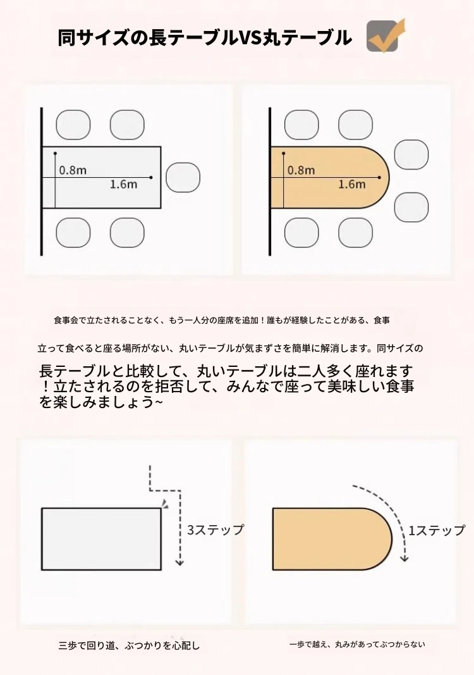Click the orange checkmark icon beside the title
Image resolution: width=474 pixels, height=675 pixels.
point(386,35)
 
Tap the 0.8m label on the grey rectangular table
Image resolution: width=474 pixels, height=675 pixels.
point(73,170)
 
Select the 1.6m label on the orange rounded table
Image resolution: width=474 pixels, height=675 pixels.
point(351,184)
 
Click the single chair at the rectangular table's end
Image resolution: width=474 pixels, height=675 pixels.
point(183,177)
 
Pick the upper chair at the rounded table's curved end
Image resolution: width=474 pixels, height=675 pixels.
point(411,154)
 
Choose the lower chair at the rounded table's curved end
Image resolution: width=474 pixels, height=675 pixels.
point(411,207)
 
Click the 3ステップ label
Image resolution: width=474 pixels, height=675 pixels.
point(216,529)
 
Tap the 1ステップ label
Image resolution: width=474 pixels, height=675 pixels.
point(437,530)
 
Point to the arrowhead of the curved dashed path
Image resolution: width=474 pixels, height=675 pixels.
point(403,558)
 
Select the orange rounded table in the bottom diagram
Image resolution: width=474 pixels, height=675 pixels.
point(332,539)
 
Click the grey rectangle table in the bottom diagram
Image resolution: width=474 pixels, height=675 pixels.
point(101,539)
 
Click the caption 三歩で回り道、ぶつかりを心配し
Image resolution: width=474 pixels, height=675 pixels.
point(130,645)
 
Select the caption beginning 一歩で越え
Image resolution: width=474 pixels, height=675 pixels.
point(358,644)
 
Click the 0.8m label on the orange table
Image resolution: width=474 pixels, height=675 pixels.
point(301,170)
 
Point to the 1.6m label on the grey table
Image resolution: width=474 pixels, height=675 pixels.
point(123,184)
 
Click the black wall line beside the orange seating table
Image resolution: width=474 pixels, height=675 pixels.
point(270,181)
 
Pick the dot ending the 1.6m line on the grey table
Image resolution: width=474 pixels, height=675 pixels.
point(151,177)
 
